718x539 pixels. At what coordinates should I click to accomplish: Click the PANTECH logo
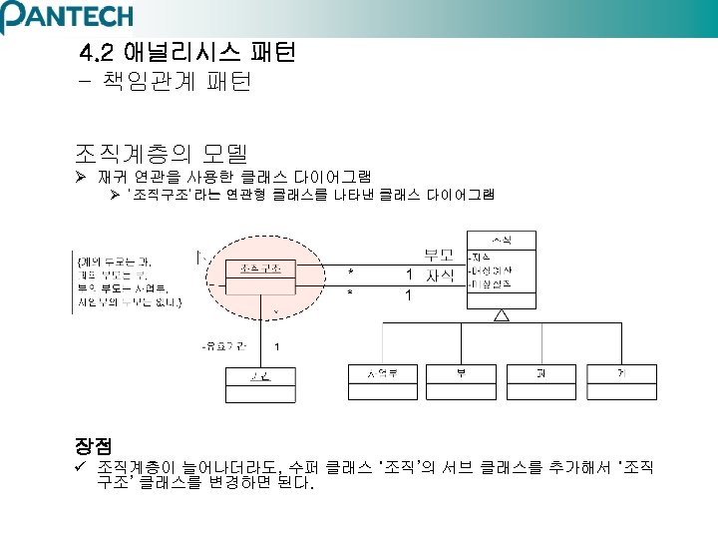coord(67,17)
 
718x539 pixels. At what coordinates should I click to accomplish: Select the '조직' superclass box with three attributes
coord(501,269)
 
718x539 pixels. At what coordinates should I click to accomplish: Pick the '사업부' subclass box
coord(382,382)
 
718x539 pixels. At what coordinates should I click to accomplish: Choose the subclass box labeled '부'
coord(462,382)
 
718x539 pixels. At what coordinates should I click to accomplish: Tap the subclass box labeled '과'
coord(541,382)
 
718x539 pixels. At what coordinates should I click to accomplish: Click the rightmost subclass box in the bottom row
coord(621,382)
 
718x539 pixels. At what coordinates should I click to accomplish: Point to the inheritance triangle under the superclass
coord(502,315)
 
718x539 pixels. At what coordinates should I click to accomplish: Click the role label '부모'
coord(440,255)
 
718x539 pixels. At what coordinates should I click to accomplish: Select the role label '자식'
coord(440,275)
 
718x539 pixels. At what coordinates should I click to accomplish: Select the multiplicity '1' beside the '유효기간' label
coord(275,346)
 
